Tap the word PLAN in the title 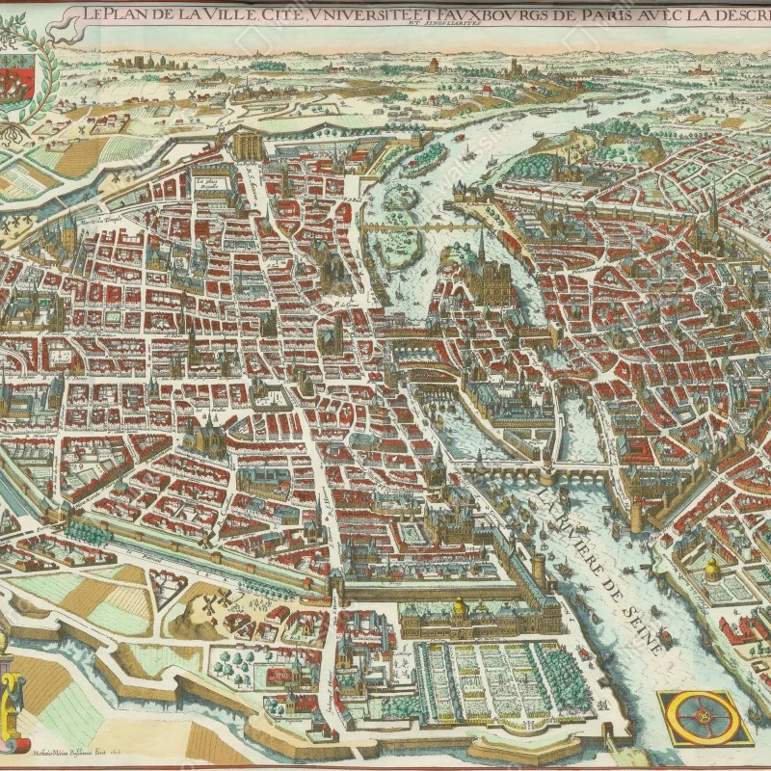coord(124,13)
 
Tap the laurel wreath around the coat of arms coord(29,77)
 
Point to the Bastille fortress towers coord(248,145)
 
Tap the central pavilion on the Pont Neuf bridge coord(547,473)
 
